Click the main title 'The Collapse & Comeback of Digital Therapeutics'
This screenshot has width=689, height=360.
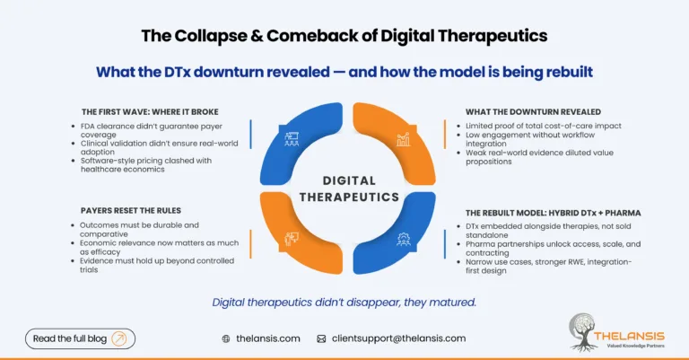coord(344,37)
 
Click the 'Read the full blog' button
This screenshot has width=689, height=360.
coord(81,338)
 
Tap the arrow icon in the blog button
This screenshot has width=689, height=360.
coord(121,338)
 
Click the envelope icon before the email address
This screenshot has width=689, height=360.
coord(321,339)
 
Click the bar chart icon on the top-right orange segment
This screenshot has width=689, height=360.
coord(403,139)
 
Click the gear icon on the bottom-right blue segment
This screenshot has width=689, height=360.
coord(403,239)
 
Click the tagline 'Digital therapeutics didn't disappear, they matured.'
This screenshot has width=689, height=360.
coord(344,302)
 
